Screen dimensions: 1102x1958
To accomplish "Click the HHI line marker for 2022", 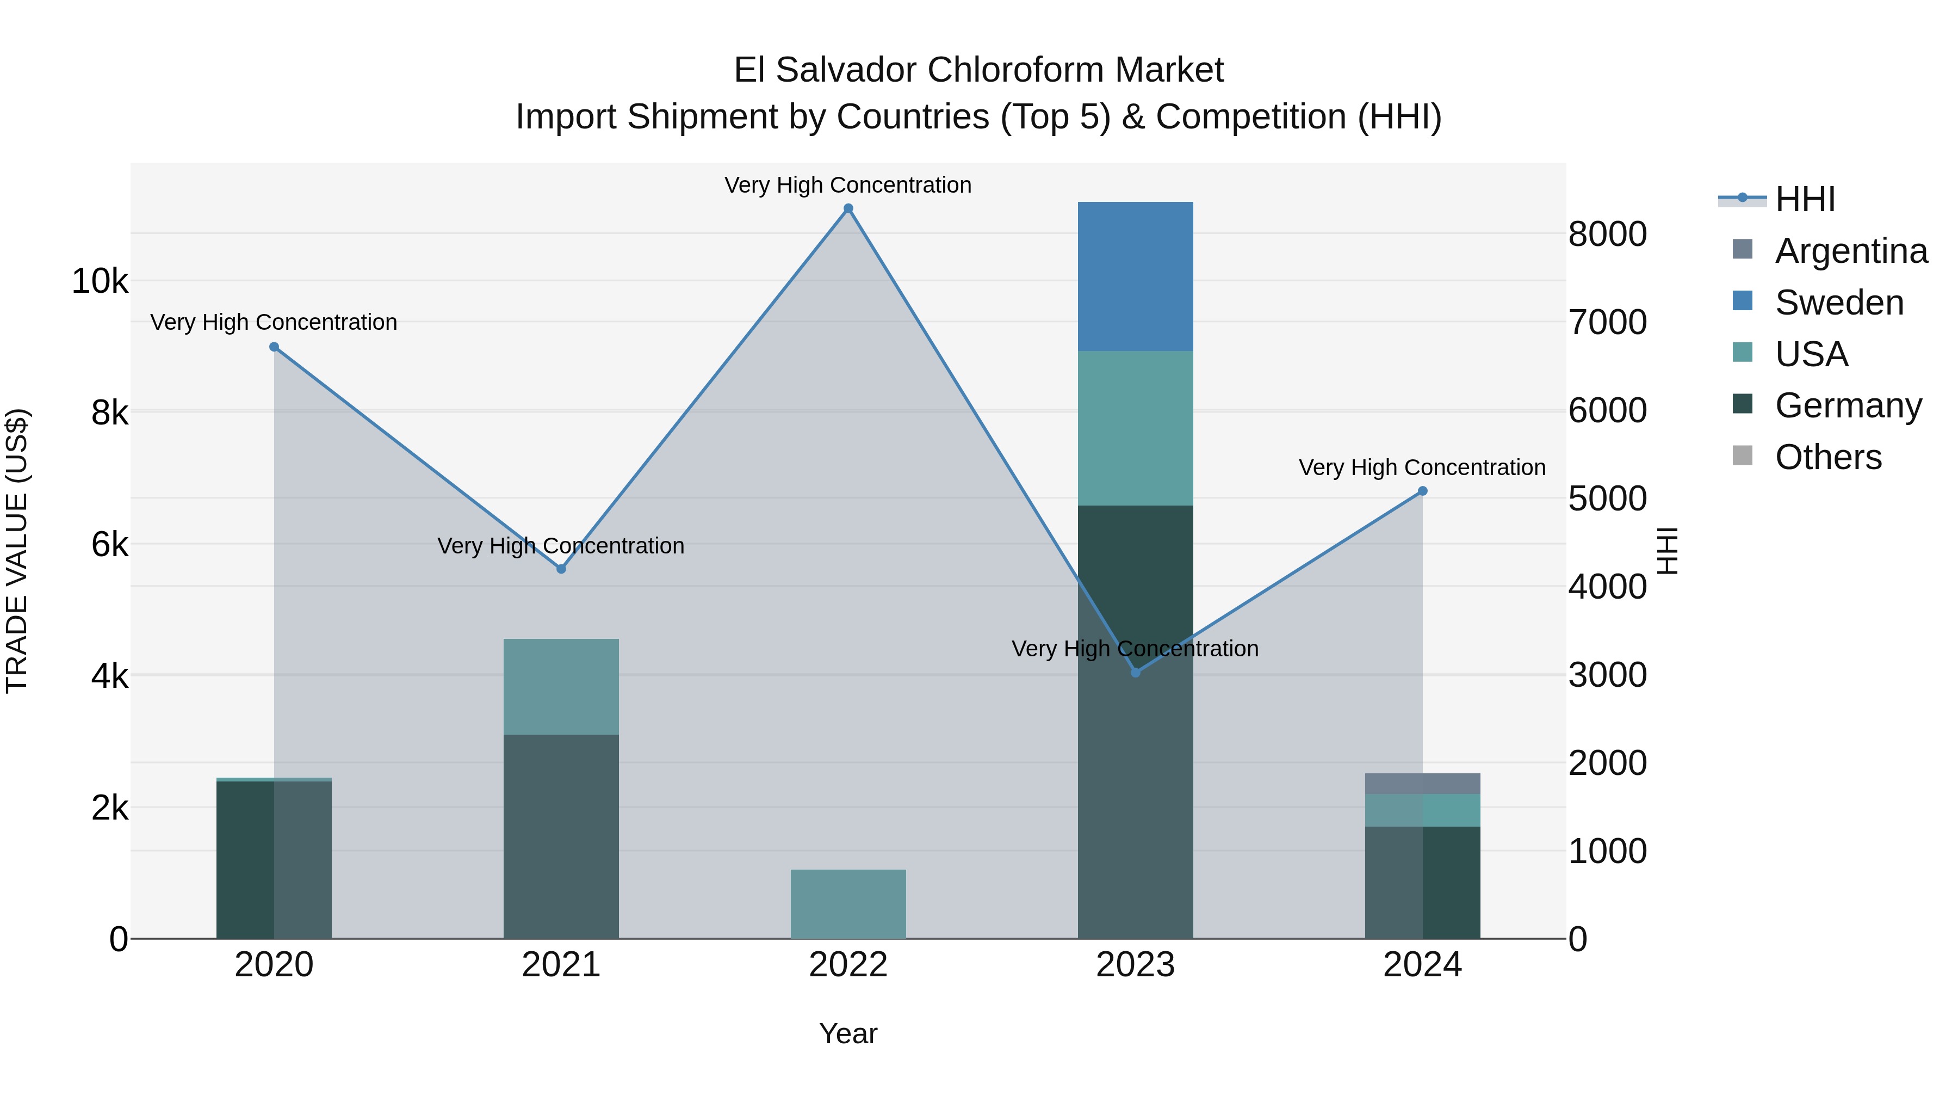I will [848, 208].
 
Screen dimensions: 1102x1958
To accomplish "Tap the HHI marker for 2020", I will [275, 347].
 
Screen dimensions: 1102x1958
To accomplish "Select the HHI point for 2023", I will [1136, 672].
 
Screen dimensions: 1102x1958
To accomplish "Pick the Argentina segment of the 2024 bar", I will [1423, 783].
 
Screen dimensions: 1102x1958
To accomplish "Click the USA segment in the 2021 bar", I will [561, 686].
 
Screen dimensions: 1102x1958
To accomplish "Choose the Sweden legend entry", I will [1839, 303].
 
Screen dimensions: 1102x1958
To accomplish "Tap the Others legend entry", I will [1828, 457].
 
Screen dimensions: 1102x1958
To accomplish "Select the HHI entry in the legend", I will [1805, 199].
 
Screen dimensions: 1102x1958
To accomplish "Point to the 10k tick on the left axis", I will [100, 281].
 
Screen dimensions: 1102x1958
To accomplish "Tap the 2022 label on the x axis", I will [848, 965].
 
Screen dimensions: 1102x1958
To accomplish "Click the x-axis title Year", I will [848, 1033].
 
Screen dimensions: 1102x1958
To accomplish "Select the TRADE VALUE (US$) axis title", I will [17, 551].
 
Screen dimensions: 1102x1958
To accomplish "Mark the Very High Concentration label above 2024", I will [1422, 467].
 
